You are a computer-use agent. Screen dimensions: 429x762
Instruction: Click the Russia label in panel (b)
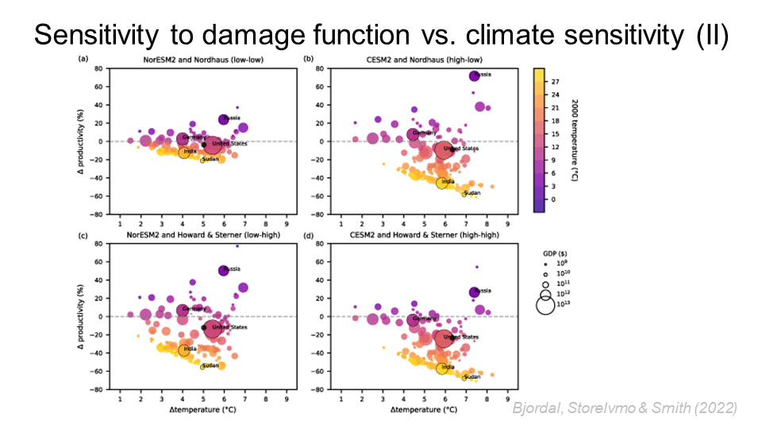pos(482,75)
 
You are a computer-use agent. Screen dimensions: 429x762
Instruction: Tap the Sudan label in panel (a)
pos(210,160)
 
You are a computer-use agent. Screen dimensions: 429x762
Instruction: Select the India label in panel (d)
pos(448,367)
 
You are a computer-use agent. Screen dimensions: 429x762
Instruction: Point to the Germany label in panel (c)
pos(194,308)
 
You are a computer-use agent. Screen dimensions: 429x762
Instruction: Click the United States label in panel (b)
pos(461,149)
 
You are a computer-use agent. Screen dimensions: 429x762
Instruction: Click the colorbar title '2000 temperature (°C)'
pos(575,132)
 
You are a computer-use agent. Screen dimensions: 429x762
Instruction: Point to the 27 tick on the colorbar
pos(554,81)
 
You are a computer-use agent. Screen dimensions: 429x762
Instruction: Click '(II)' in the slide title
pos(706,36)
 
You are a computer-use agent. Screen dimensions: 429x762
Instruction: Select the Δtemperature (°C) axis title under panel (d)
pos(424,410)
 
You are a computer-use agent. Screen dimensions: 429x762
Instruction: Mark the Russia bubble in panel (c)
pos(224,270)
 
